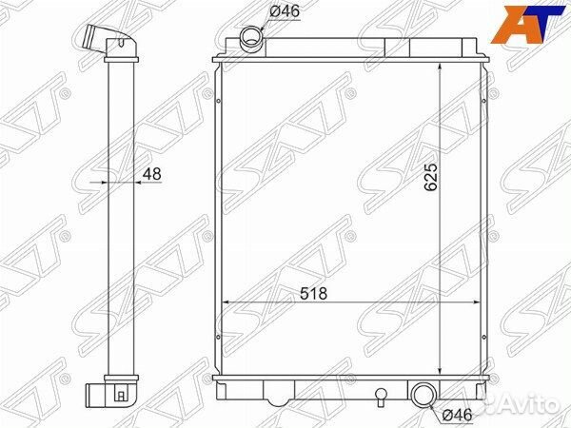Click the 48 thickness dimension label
[150, 174]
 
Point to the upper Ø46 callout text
[284, 12]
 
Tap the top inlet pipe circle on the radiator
[251, 38]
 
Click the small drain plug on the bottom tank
[381, 395]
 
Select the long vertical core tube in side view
[122, 219]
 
